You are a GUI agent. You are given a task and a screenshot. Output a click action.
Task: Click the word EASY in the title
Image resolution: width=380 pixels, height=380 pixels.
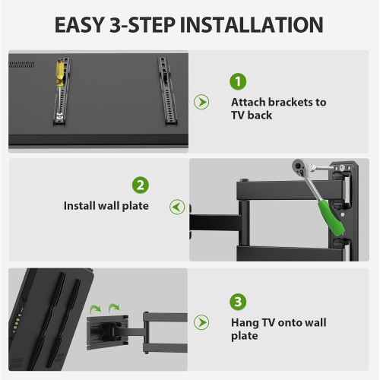pyautogui.click(x=80, y=25)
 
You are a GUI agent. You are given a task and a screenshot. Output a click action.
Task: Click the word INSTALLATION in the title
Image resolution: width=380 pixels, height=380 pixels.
pyautogui.click(x=252, y=25)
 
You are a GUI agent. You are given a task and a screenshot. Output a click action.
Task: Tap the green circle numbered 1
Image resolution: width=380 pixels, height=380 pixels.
pyautogui.click(x=238, y=81)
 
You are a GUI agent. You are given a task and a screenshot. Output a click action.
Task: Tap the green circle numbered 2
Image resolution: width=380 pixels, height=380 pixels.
pyautogui.click(x=141, y=185)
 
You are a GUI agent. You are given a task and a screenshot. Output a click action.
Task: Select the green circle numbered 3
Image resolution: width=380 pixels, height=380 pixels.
pyautogui.click(x=238, y=302)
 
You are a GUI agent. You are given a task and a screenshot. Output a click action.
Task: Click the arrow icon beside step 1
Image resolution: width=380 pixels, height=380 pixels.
pyautogui.click(x=201, y=102)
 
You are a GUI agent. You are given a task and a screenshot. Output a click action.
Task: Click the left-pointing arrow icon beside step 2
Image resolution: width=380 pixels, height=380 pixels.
pyautogui.click(x=177, y=207)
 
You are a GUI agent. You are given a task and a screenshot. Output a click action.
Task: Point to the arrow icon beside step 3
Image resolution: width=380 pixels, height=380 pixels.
pyautogui.click(x=201, y=322)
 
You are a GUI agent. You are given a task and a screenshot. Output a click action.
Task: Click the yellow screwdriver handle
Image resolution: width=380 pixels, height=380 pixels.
pyautogui.click(x=60, y=72)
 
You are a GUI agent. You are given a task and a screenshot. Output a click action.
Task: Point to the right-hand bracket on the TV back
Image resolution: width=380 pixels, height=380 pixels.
pyautogui.click(x=167, y=90)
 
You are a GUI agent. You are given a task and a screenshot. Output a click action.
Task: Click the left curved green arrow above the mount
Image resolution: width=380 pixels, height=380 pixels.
pyautogui.click(x=96, y=309)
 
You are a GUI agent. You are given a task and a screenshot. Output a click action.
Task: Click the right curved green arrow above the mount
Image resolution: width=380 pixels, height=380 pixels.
pyautogui.click(x=114, y=308)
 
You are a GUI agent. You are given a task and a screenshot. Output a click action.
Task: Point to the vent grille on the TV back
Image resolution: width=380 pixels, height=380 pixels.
pyautogui.click(x=21, y=65)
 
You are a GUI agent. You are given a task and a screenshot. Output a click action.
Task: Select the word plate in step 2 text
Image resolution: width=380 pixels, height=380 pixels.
pyautogui.click(x=135, y=206)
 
